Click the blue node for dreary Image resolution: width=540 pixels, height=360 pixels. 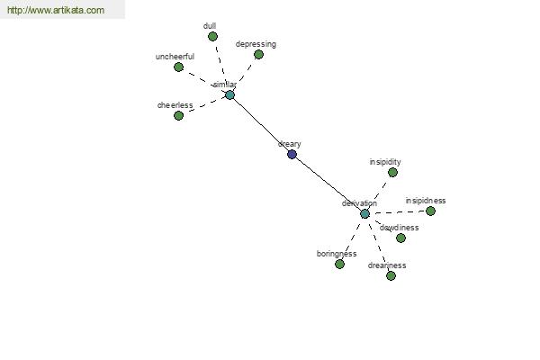click(292, 154)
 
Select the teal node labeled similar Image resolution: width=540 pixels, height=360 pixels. click(229, 95)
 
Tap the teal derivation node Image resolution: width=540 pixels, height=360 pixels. click(364, 214)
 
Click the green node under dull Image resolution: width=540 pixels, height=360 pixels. click(212, 36)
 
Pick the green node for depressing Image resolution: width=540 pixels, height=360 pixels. click(258, 54)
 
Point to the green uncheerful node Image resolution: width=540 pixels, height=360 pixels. click(178, 67)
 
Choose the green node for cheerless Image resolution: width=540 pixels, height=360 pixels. click(178, 116)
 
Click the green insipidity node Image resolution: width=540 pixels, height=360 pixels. click(392, 172)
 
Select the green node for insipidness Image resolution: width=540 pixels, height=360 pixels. click(430, 211)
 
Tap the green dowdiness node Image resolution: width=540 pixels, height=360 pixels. click(400, 238)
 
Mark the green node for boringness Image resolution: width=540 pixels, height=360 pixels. click(339, 265)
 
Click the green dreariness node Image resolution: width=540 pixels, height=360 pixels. click(391, 276)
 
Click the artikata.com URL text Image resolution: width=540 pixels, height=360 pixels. click(56, 10)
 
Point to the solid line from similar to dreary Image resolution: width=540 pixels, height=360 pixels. click(261, 125)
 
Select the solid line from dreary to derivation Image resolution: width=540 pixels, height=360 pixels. click(328, 184)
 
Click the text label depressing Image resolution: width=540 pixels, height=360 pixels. click(256, 44)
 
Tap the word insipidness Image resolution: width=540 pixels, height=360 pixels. click(426, 201)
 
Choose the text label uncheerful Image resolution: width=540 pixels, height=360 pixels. click(175, 57)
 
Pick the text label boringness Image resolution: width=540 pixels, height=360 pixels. click(337, 254)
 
